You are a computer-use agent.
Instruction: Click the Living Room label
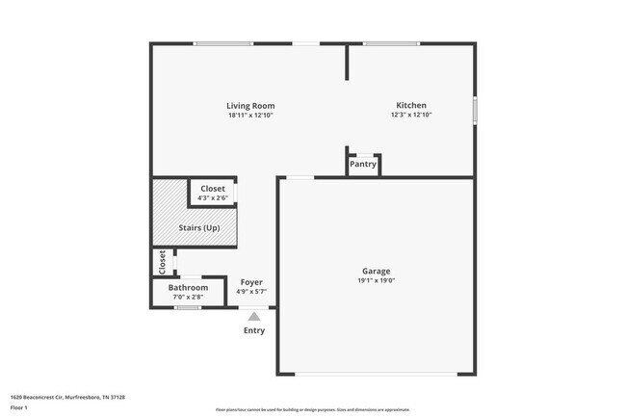(250, 105)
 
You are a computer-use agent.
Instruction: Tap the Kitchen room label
(411, 105)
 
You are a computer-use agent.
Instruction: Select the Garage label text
(376, 271)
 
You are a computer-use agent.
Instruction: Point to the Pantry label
(363, 164)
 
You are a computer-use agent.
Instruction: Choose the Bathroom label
(188, 287)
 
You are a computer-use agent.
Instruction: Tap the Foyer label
(251, 282)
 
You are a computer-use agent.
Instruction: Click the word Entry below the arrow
(253, 330)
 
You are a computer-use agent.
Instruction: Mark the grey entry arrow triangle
(253, 315)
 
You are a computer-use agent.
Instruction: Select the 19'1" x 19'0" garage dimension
(376, 280)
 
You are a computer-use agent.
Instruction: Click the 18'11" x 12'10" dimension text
(250, 116)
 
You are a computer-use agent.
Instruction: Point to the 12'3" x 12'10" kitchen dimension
(411, 116)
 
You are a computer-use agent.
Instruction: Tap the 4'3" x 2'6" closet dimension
(212, 198)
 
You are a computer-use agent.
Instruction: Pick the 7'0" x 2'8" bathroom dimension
(188, 298)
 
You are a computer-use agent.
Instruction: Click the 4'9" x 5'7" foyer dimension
(251, 292)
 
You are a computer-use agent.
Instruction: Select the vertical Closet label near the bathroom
(162, 260)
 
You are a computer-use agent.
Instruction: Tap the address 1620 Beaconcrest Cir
(67, 396)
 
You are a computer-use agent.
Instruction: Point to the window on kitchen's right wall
(475, 109)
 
